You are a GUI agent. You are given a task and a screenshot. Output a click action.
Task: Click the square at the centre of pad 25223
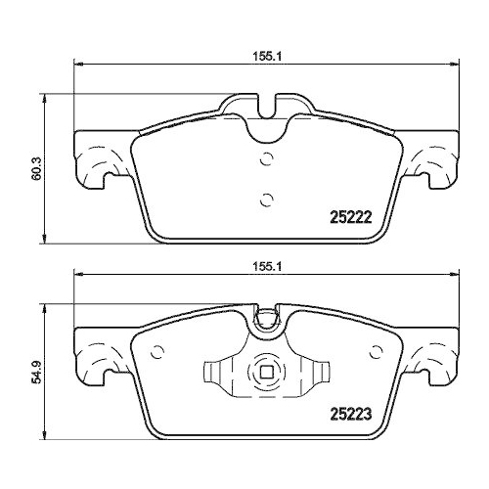(264, 374)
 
